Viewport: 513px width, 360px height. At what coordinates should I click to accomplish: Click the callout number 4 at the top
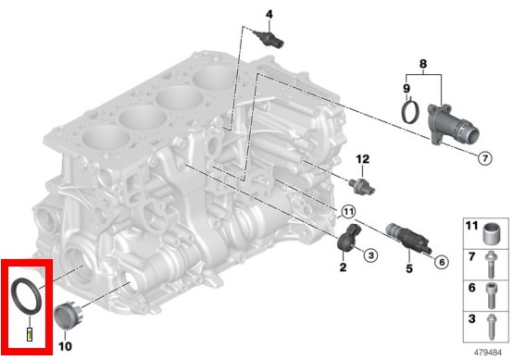coord(269,15)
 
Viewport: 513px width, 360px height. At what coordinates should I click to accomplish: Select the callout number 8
coord(423,64)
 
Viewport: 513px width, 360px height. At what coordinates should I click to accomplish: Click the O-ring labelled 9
coord(410,112)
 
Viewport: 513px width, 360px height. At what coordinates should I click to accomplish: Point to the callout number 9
coord(407,88)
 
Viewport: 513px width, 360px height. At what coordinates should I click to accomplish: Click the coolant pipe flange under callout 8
coord(453,125)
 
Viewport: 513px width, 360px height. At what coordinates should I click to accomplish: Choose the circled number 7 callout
coord(485,158)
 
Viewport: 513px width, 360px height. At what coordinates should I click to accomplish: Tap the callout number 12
coord(362,159)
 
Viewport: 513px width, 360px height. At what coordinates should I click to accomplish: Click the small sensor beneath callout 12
coord(362,186)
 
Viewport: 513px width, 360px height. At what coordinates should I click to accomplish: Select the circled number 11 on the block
coord(348,212)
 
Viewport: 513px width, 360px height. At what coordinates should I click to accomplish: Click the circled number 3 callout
coord(370,255)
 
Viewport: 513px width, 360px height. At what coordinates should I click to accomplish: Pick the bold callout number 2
coord(343,267)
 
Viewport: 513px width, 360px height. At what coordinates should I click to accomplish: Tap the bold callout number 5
coord(409,268)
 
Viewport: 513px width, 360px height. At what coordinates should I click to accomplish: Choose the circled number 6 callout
coord(442,262)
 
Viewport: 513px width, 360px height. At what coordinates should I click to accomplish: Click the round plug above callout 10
coord(69,316)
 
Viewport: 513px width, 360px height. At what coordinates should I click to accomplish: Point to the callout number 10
coord(65,346)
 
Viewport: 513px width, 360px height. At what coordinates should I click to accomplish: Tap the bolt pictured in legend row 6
coord(491,295)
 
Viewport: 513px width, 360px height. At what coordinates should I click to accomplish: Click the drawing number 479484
coord(488,353)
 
